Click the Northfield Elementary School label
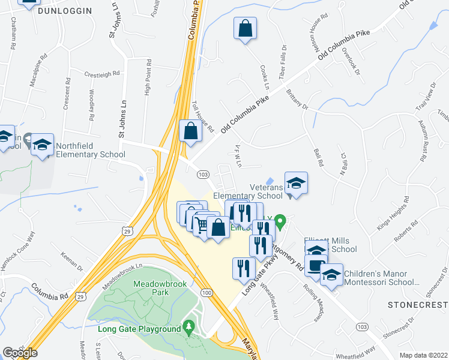tap(90, 150)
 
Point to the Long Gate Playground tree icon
tap(190, 327)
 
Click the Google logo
tap(20, 353)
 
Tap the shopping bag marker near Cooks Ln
tap(246, 28)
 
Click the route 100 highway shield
tap(206, 292)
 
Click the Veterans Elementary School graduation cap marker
tap(295, 183)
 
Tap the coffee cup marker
tap(316, 264)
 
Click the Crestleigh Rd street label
tap(102, 74)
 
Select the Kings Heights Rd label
tap(393, 214)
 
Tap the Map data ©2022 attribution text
tap(423, 355)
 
